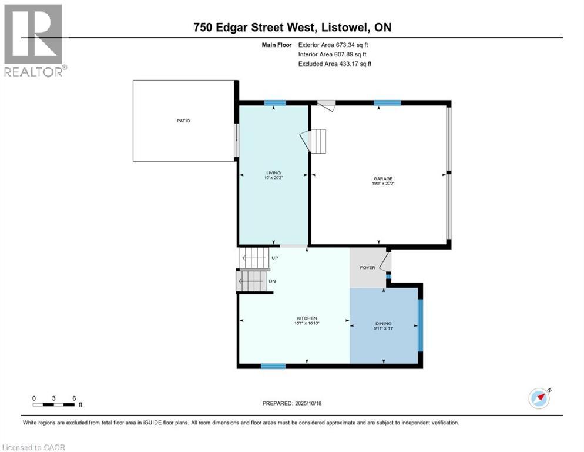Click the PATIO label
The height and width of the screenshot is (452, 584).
(184, 121)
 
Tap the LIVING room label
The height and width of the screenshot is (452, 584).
(274, 172)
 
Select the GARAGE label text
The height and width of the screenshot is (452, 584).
(383, 179)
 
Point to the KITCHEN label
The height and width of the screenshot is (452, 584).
(307, 318)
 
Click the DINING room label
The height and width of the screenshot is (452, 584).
(384, 323)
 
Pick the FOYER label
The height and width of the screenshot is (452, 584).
(368, 268)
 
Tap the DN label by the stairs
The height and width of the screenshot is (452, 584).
(272, 281)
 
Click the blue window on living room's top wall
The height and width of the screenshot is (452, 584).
(274, 103)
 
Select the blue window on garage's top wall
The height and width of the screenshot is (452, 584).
(387, 103)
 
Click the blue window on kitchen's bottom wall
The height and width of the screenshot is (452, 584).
(273, 366)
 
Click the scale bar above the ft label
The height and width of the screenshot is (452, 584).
(54, 404)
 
